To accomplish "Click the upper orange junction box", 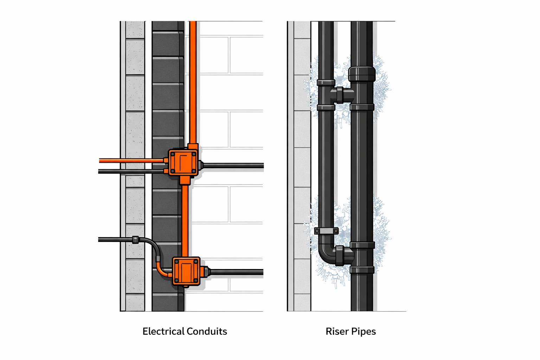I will (x=183, y=162).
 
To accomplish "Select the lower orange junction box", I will (x=186, y=270).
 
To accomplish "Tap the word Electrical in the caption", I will (x=163, y=331).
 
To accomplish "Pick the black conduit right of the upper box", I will (x=232, y=165).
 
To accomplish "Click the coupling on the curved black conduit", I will (x=135, y=240).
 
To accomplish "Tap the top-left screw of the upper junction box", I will (x=172, y=154).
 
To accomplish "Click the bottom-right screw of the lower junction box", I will (x=196, y=280).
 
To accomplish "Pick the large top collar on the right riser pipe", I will (x=362, y=74).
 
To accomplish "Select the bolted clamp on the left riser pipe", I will (x=326, y=231).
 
